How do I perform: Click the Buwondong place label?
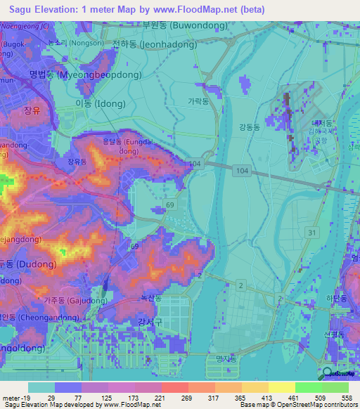click(x=185, y=25)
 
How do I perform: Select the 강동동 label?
click(x=249, y=127)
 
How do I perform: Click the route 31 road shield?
click(x=311, y=233)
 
